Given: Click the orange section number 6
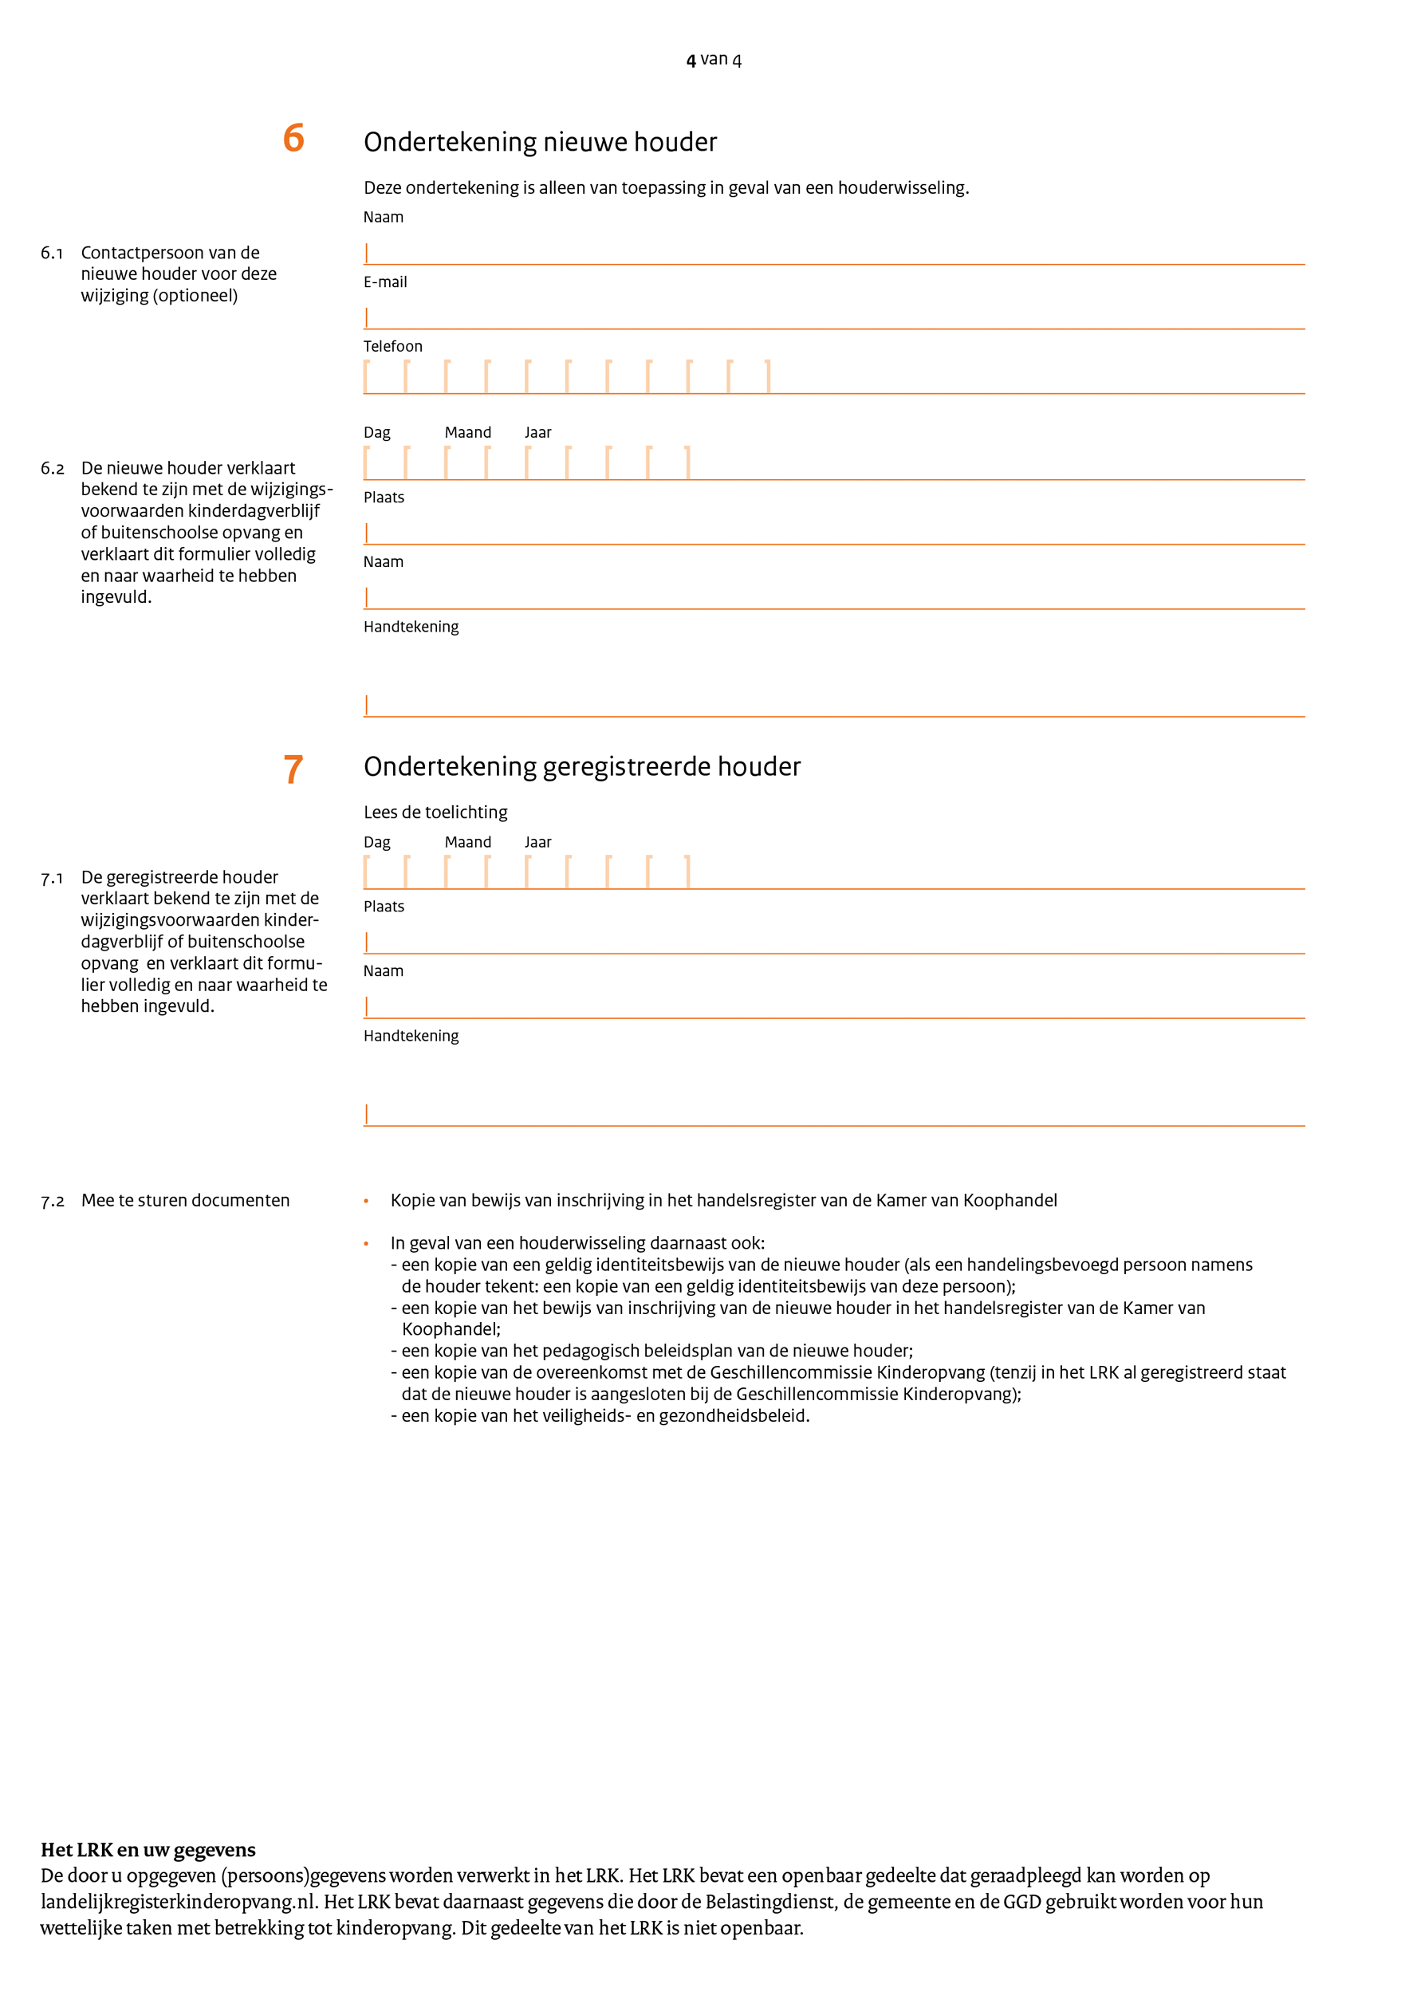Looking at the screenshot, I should click(293, 139).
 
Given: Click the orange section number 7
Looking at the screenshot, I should click(293, 769).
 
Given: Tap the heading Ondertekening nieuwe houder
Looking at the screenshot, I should click(540, 142).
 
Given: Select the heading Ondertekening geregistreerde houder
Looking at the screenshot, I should click(581, 766).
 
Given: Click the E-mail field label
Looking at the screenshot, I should click(385, 282).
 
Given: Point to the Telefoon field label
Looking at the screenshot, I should click(392, 347).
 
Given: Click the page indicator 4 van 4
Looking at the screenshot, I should click(713, 59).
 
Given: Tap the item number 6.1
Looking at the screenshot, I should click(53, 254).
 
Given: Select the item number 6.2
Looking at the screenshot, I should click(53, 468).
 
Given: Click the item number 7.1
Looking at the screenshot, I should click(53, 879).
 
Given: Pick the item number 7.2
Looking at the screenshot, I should click(53, 1202).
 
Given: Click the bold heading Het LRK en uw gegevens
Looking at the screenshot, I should click(148, 1850).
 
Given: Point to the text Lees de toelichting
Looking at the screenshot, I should click(435, 813).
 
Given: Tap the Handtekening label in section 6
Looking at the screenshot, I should click(411, 627).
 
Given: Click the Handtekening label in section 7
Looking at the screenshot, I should click(411, 1036).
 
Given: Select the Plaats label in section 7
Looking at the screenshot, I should click(384, 907).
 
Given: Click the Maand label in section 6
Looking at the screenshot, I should click(467, 433).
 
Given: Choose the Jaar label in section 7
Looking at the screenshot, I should click(538, 842).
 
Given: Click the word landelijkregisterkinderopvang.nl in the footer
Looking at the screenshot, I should click(178, 1902).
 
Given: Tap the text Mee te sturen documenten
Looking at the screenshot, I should click(186, 1201).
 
